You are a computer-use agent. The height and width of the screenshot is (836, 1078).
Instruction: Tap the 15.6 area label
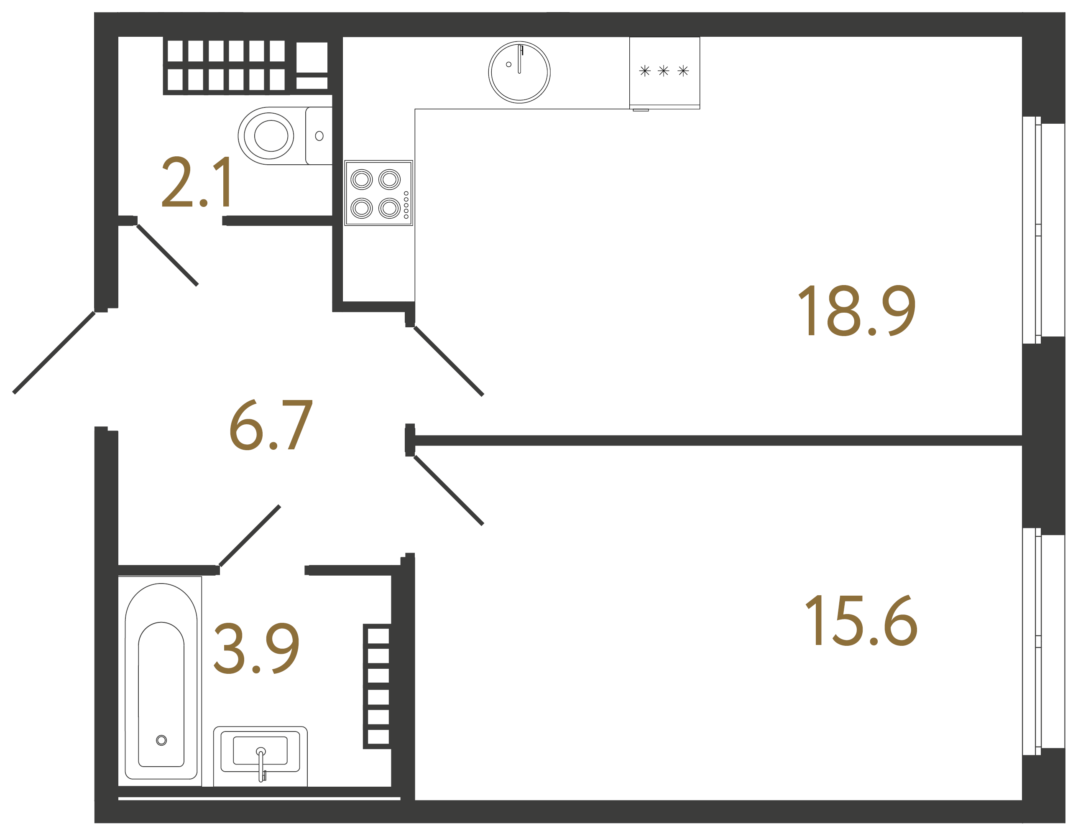tap(861, 620)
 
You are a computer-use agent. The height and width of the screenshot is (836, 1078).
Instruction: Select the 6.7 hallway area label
tap(271, 425)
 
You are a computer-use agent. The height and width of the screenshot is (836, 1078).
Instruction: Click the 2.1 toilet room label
tap(197, 181)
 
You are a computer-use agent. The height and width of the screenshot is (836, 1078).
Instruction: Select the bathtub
tap(161, 681)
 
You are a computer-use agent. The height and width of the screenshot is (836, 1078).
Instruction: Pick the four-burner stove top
tap(378, 193)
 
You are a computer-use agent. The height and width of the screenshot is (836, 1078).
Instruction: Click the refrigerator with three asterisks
tap(664, 72)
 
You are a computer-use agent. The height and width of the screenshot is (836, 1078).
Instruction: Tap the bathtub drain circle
tap(161, 740)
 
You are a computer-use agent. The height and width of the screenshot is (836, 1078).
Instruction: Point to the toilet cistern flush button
tap(319, 136)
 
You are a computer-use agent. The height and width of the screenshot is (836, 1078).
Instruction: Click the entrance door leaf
tap(54, 352)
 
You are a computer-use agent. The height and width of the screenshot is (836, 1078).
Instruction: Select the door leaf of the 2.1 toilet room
tap(167, 255)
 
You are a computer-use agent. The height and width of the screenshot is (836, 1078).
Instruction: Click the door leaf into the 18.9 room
tap(448, 361)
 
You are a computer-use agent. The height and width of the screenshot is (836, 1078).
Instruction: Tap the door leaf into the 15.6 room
tap(448, 490)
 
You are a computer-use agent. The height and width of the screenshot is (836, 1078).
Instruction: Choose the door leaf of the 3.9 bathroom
tap(250, 535)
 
